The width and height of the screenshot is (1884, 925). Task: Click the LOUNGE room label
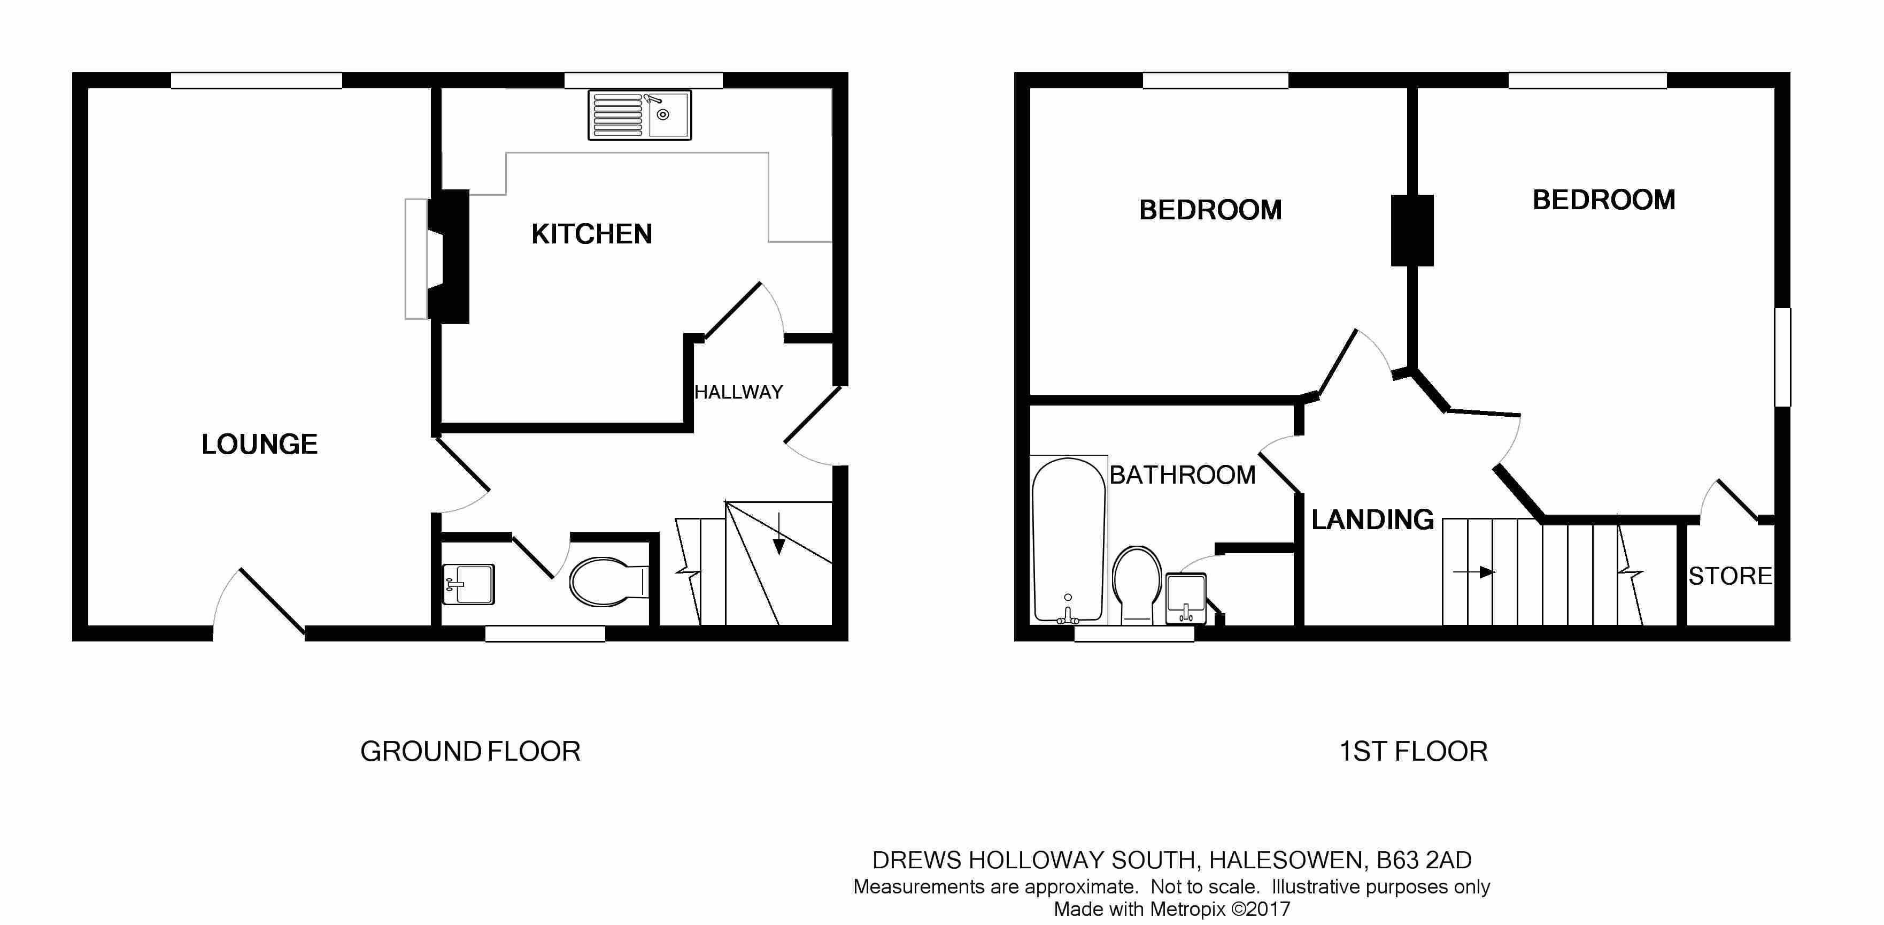260,444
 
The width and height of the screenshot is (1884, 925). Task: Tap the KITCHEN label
592,234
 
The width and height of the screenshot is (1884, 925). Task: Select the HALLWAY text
739,392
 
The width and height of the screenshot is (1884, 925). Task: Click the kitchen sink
640,115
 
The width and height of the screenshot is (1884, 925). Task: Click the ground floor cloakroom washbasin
469,584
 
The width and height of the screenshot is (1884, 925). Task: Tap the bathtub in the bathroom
1069,540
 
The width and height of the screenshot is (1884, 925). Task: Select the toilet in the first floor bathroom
1137,585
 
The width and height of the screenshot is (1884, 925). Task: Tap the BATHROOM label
1183,475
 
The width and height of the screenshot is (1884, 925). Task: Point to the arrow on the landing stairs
1474,572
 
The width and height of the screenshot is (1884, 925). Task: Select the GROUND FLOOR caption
470,752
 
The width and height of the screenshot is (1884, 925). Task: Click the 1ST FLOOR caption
1413,752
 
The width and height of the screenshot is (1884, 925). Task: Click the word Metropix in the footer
1188,909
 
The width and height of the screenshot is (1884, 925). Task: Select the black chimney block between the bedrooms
1412,231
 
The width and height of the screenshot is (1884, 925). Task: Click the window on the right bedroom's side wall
1783,357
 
